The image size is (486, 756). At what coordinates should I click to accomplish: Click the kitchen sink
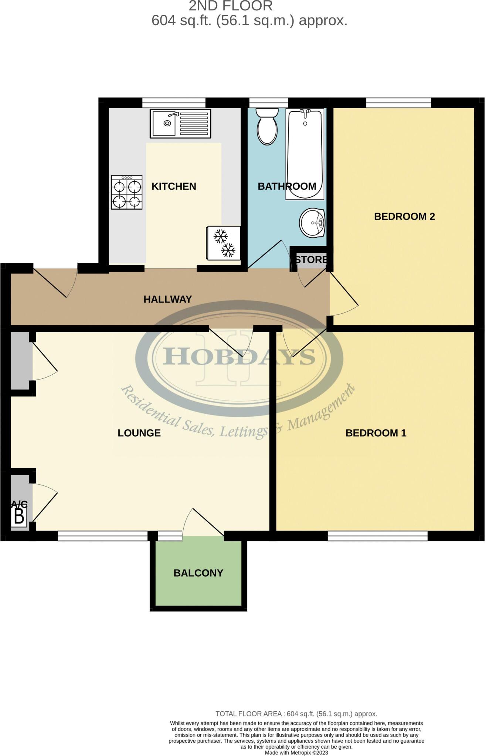pyautogui.click(x=180, y=123)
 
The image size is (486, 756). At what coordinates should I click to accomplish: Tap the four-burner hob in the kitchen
pyautogui.click(x=127, y=192)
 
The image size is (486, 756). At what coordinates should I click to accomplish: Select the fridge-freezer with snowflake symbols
pyautogui.click(x=223, y=243)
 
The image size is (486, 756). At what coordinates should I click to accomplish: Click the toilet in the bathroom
pyautogui.click(x=267, y=126)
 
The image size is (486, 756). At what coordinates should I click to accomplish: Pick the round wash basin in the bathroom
pyautogui.click(x=312, y=223)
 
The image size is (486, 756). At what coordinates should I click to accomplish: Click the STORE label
pyautogui.click(x=311, y=260)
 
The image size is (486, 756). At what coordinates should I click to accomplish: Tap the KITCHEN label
pyautogui.click(x=174, y=186)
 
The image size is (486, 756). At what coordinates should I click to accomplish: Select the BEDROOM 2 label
pyautogui.click(x=404, y=217)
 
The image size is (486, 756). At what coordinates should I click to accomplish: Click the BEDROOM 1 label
pyautogui.click(x=375, y=433)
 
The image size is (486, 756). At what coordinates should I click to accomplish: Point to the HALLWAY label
pyautogui.click(x=168, y=299)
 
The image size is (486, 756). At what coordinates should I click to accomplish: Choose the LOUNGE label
pyautogui.click(x=139, y=433)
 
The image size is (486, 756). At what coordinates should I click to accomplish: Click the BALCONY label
pyautogui.click(x=198, y=573)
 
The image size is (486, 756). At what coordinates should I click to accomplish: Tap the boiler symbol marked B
pyautogui.click(x=19, y=516)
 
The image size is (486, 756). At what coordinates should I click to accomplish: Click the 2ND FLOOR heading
pyautogui.click(x=231, y=6)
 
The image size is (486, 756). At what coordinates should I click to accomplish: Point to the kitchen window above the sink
pyautogui.click(x=174, y=103)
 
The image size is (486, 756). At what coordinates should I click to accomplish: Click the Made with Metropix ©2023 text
pyautogui.click(x=296, y=752)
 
